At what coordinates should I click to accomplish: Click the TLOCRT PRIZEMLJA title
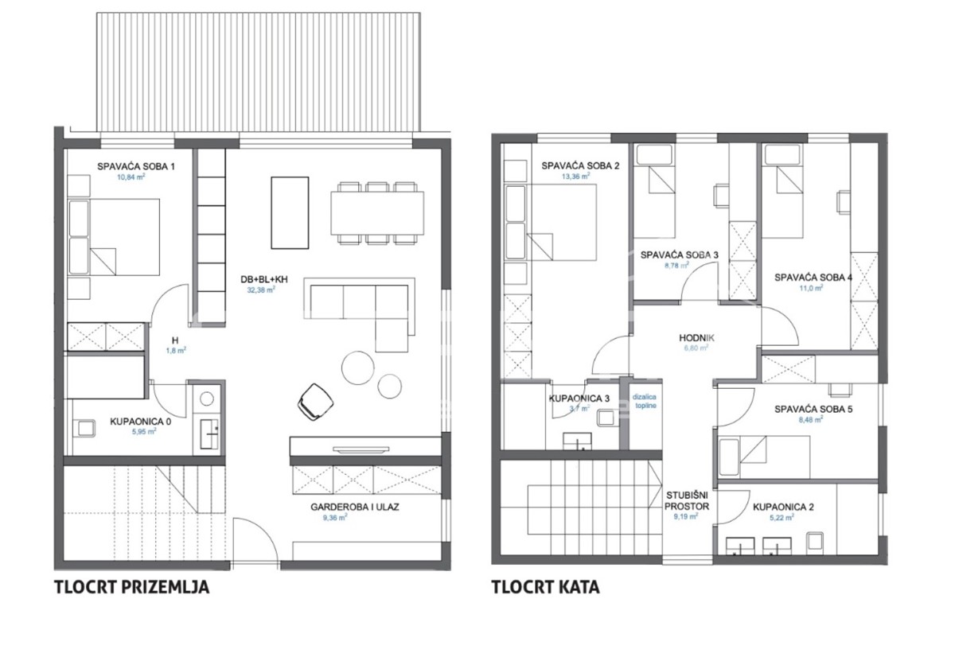pyautogui.click(x=131, y=588)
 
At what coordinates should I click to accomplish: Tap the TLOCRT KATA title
pyautogui.click(x=545, y=588)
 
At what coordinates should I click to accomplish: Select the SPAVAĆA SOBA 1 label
pyautogui.click(x=135, y=166)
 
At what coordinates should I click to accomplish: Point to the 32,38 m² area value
pyautogui.click(x=260, y=291)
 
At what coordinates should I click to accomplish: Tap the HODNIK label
pyautogui.click(x=697, y=337)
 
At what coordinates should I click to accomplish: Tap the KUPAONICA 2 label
pyautogui.click(x=786, y=505)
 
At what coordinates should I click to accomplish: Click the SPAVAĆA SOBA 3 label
pyautogui.click(x=680, y=255)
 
